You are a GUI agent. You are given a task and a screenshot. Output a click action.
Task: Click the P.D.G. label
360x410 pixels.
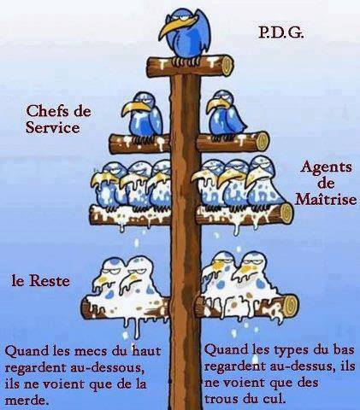tap(281, 33)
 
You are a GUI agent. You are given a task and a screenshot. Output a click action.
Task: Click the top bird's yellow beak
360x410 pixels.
tap(176, 26)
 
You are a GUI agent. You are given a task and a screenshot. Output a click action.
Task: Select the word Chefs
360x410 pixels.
tap(47, 111)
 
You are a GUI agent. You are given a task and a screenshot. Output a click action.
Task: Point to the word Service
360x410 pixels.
tap(53, 127)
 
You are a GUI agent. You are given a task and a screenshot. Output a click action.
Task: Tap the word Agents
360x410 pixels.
tap(326, 167)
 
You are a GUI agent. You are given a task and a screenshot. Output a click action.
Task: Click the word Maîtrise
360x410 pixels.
tap(326, 199)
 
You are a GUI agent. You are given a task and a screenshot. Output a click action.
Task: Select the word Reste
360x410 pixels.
tap(50, 281)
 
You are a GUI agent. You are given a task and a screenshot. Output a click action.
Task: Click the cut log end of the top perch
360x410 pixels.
tap(227, 66)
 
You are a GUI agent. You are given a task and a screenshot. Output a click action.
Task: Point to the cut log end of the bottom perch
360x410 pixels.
tap(292, 307)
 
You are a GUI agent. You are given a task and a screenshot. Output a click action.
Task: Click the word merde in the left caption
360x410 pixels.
tap(26, 401)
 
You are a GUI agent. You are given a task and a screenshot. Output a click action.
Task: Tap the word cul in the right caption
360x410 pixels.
tap(274, 399)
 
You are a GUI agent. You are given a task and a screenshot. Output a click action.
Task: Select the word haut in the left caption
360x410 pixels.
tap(146, 350)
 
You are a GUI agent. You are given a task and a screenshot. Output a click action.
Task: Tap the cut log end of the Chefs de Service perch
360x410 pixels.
tap(263, 142)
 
